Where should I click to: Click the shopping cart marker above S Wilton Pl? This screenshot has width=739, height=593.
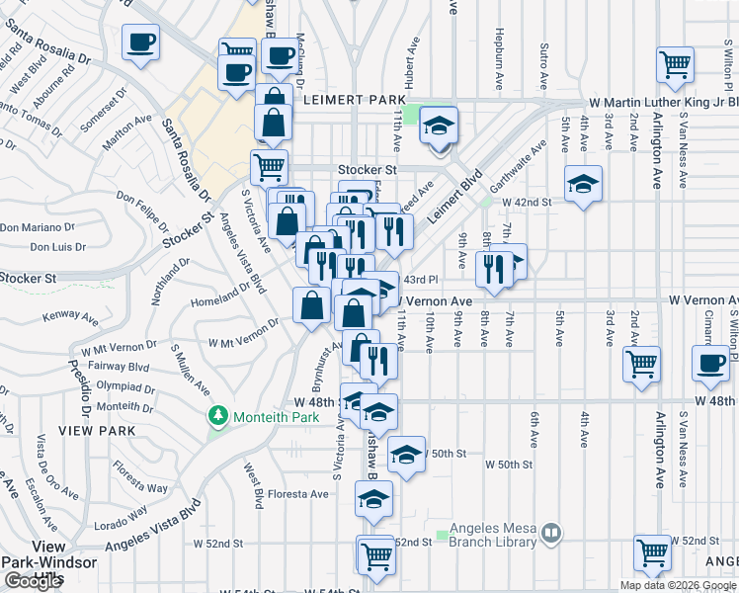(x=675, y=65)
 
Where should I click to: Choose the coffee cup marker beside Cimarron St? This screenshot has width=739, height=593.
(x=710, y=363)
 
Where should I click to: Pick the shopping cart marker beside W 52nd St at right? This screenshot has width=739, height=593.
(x=653, y=555)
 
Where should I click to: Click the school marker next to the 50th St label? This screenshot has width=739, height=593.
(x=406, y=455)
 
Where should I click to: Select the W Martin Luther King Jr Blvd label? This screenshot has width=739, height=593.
(x=664, y=102)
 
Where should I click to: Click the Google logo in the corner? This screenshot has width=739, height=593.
(x=34, y=581)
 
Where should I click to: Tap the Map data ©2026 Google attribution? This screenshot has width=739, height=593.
(x=678, y=585)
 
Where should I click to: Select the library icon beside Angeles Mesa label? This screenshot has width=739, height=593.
(x=551, y=534)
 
